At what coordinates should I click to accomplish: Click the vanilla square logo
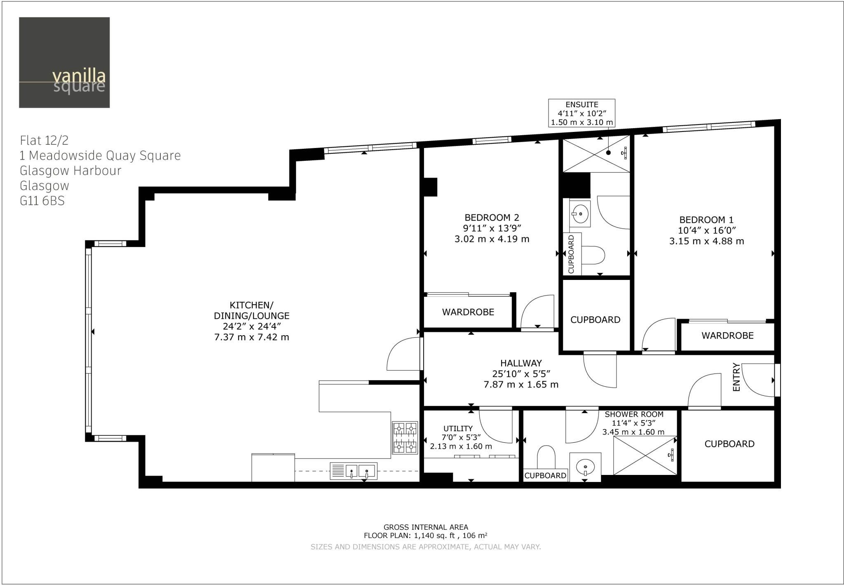(64, 62)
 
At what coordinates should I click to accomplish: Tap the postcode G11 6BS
(42, 201)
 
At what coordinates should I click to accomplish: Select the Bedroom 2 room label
(492, 217)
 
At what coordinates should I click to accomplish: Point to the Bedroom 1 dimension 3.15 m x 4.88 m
(706, 241)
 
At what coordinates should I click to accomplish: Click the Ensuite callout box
(581, 113)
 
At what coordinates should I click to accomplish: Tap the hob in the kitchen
(404, 437)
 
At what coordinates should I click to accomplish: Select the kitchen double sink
(354, 471)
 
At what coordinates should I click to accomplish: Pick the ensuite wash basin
(580, 214)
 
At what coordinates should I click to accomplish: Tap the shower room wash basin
(585, 467)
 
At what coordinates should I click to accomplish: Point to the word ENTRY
(736, 377)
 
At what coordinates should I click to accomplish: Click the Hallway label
(521, 363)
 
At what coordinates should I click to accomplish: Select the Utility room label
(458, 428)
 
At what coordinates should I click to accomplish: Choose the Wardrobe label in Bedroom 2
(468, 312)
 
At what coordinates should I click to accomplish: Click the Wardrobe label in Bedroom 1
(727, 336)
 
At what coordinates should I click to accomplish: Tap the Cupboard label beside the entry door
(729, 444)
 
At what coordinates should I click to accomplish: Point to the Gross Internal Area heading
(426, 527)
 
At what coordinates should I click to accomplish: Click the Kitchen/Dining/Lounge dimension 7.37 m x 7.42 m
(251, 337)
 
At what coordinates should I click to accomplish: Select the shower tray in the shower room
(645, 455)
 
